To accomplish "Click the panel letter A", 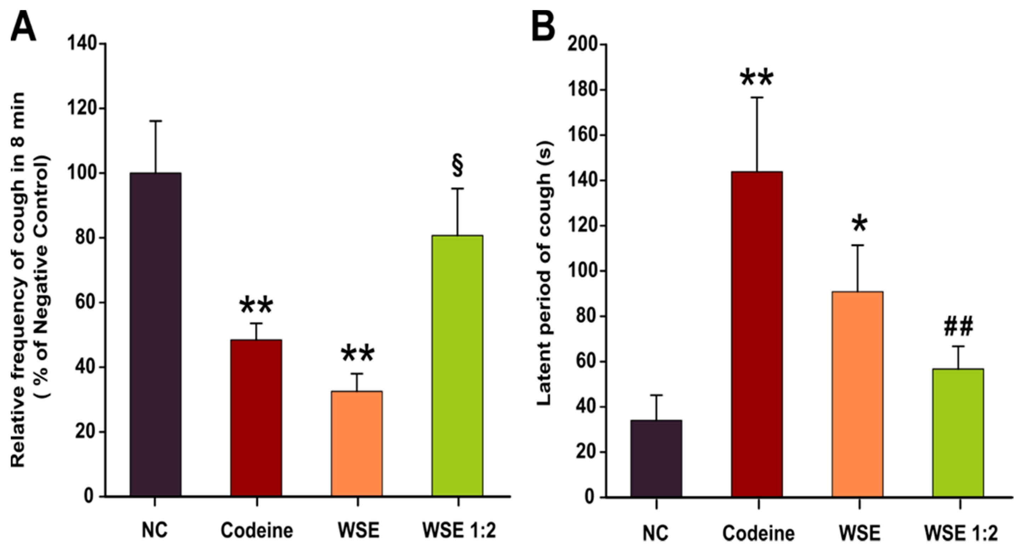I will (x=23, y=24).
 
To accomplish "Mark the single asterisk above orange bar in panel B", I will (x=860, y=224).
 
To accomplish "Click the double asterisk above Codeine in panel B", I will (x=756, y=79).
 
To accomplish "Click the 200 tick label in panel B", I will (x=583, y=45).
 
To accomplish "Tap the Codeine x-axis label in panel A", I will (x=256, y=530).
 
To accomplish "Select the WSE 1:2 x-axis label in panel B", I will (x=960, y=533).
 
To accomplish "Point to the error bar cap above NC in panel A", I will (x=155, y=121).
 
